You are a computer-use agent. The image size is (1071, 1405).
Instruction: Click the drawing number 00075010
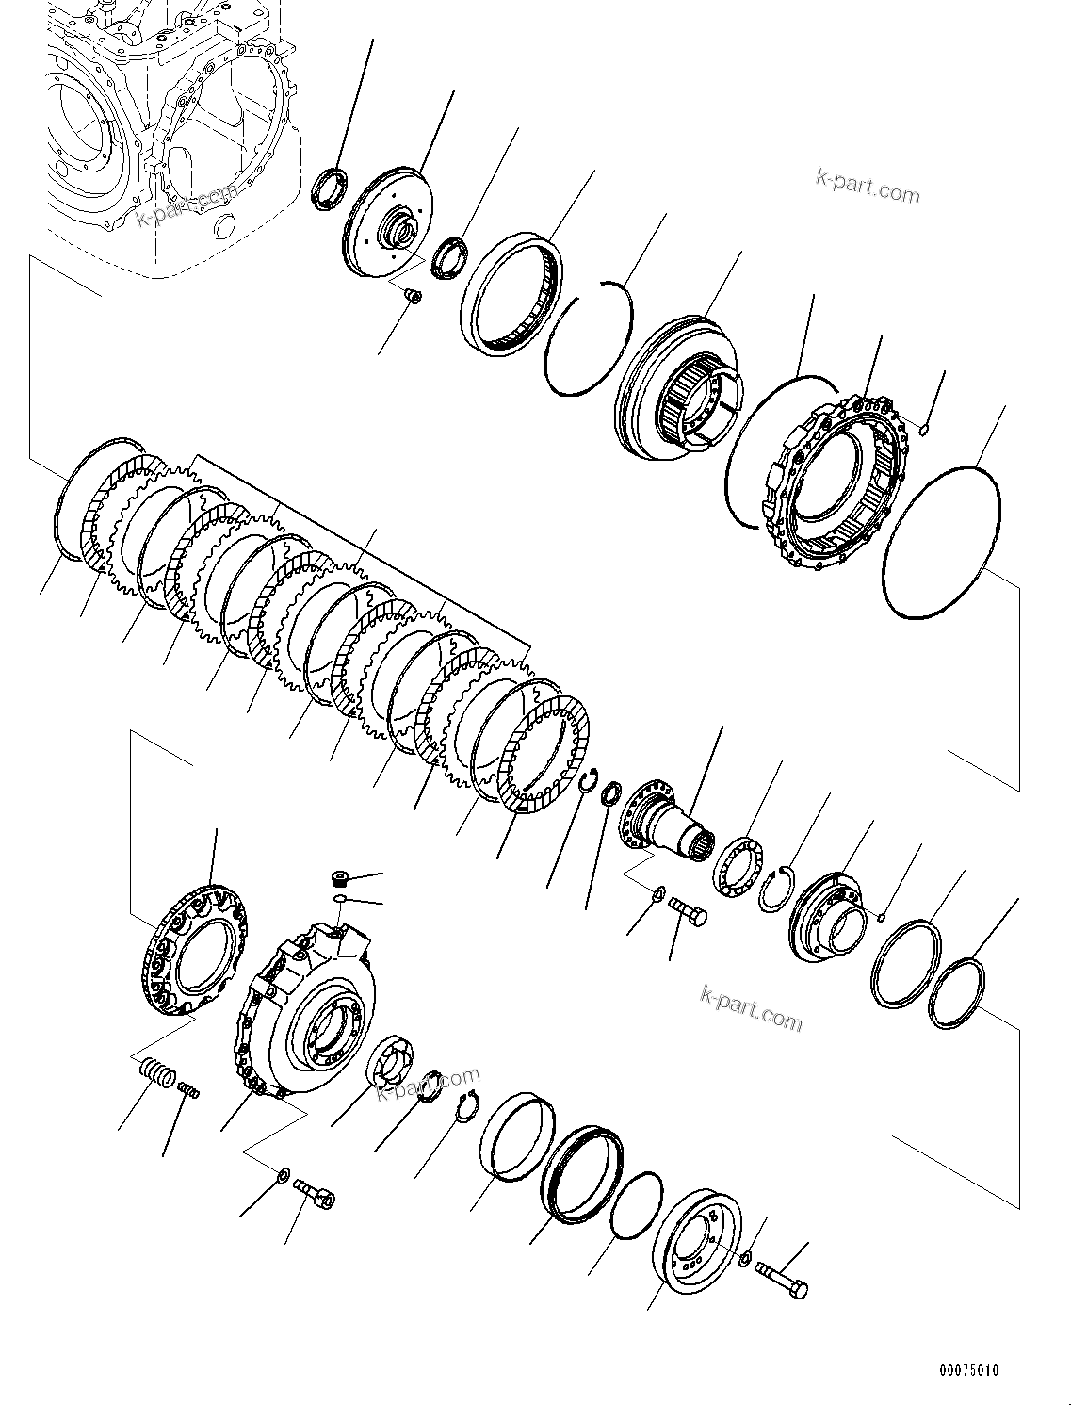967,1369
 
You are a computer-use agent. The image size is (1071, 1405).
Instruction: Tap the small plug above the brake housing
341,879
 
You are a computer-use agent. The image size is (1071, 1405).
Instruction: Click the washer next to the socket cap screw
283,1176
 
